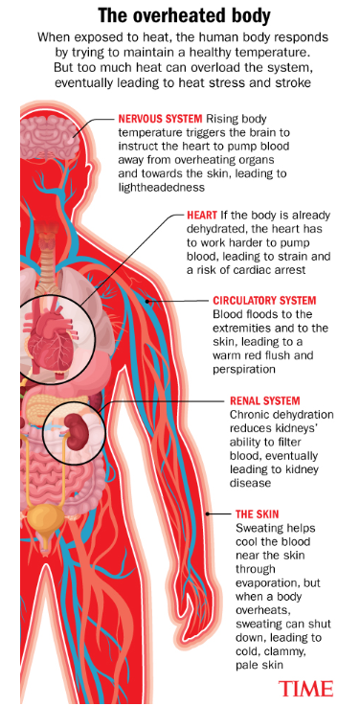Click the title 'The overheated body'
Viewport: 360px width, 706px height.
point(180,13)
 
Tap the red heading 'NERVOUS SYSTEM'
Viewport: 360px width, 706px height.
point(159,121)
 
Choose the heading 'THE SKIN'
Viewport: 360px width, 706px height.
point(258,513)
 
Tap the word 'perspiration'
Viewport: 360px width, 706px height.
point(247,369)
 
